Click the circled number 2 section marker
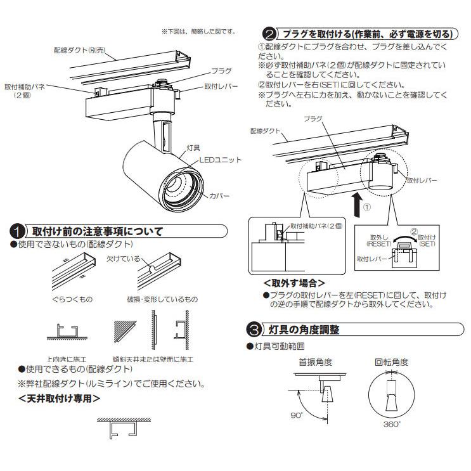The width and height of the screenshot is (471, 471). pyautogui.click(x=269, y=34)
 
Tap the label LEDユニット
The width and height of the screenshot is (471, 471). pyautogui.click(x=221, y=160)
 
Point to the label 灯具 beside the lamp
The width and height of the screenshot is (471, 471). pyautogui.click(x=193, y=148)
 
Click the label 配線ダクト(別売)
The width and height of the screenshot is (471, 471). pyautogui.click(x=79, y=48)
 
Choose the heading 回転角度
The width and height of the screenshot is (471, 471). pyautogui.click(x=391, y=363)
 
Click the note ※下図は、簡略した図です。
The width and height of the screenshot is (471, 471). pyautogui.click(x=198, y=31)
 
